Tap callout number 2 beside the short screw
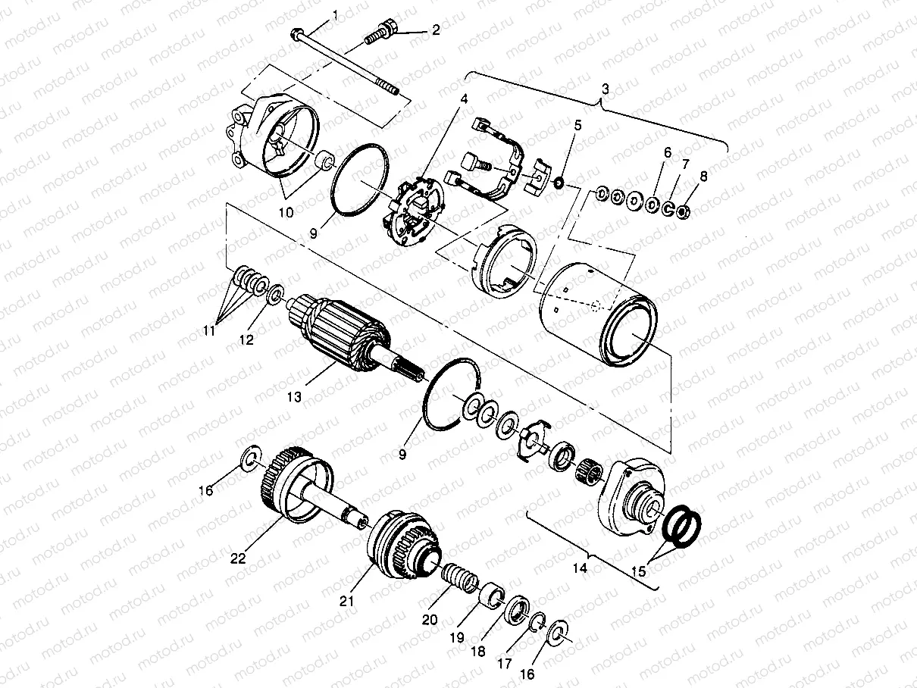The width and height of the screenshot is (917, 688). point(435,30)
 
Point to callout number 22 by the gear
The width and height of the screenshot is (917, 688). point(239,558)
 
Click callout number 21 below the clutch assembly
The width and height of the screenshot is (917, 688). point(347,602)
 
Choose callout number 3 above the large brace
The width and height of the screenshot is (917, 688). point(605,89)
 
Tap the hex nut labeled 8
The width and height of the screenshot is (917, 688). point(682,211)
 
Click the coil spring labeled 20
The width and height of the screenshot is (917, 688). point(459,579)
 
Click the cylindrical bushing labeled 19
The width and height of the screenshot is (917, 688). point(490,593)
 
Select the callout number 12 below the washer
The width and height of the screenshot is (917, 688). point(246,340)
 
